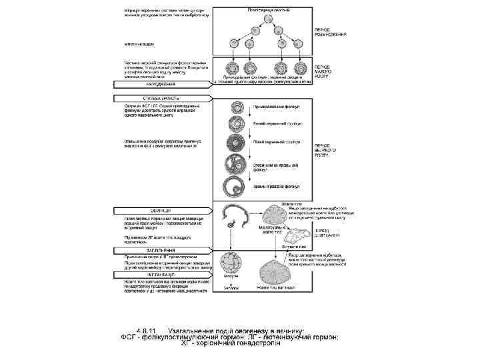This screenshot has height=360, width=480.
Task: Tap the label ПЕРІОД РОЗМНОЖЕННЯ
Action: pos(330,32)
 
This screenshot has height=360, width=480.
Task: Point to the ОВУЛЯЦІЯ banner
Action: pos(143,209)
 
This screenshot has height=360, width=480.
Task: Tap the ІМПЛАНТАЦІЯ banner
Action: pos(143,274)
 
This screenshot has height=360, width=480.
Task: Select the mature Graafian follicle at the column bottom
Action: pos(237,187)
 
